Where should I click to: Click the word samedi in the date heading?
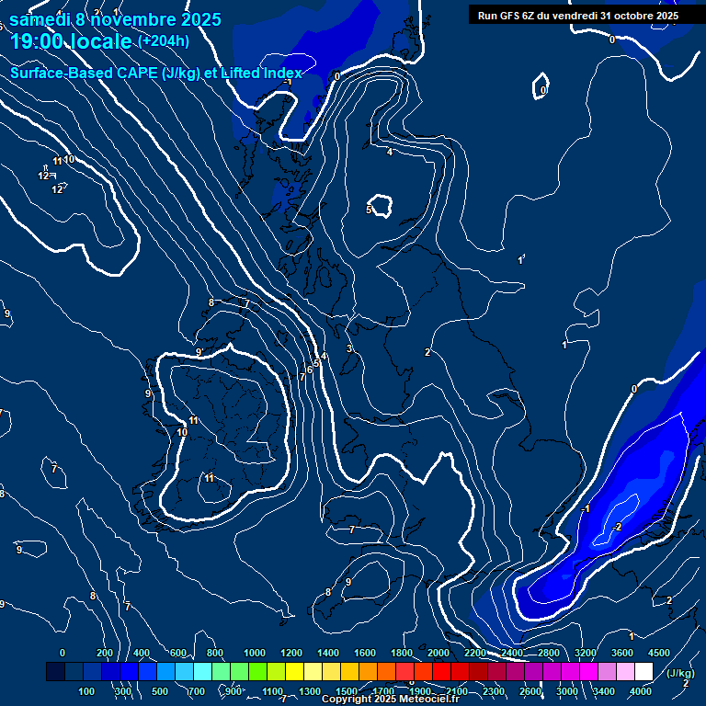pos(37,19)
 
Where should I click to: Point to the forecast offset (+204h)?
pos(164,40)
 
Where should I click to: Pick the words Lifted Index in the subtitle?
pos(261,73)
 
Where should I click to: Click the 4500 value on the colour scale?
pos(659,653)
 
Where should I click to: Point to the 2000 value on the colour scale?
pos(438,653)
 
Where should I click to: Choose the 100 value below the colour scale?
pos(86,691)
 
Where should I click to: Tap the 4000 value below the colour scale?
pos(641,691)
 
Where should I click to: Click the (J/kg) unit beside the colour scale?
pos(678,673)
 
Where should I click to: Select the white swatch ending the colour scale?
pos(643,673)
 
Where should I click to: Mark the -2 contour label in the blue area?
pos(617,527)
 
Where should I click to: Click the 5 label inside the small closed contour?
pos(370,211)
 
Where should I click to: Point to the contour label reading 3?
pos(349,349)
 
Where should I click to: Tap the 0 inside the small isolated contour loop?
pos(543,90)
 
